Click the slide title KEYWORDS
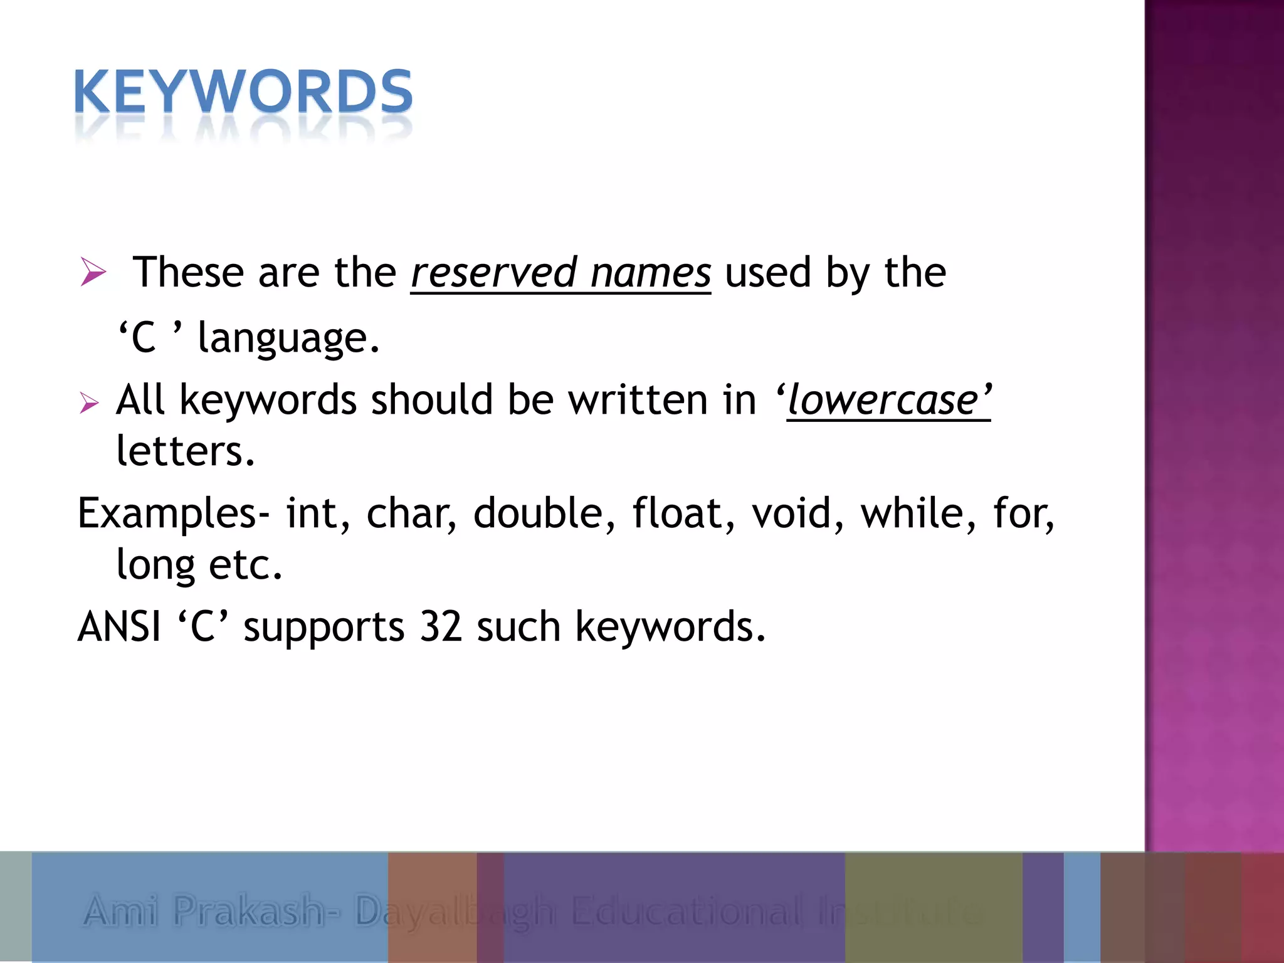(243, 92)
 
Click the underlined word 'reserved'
(493, 273)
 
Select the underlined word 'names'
(650, 273)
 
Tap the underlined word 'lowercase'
(883, 401)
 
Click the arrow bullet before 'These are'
(93, 273)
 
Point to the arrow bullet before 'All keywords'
(90, 403)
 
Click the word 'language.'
(288, 339)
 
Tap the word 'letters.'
(186, 451)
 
